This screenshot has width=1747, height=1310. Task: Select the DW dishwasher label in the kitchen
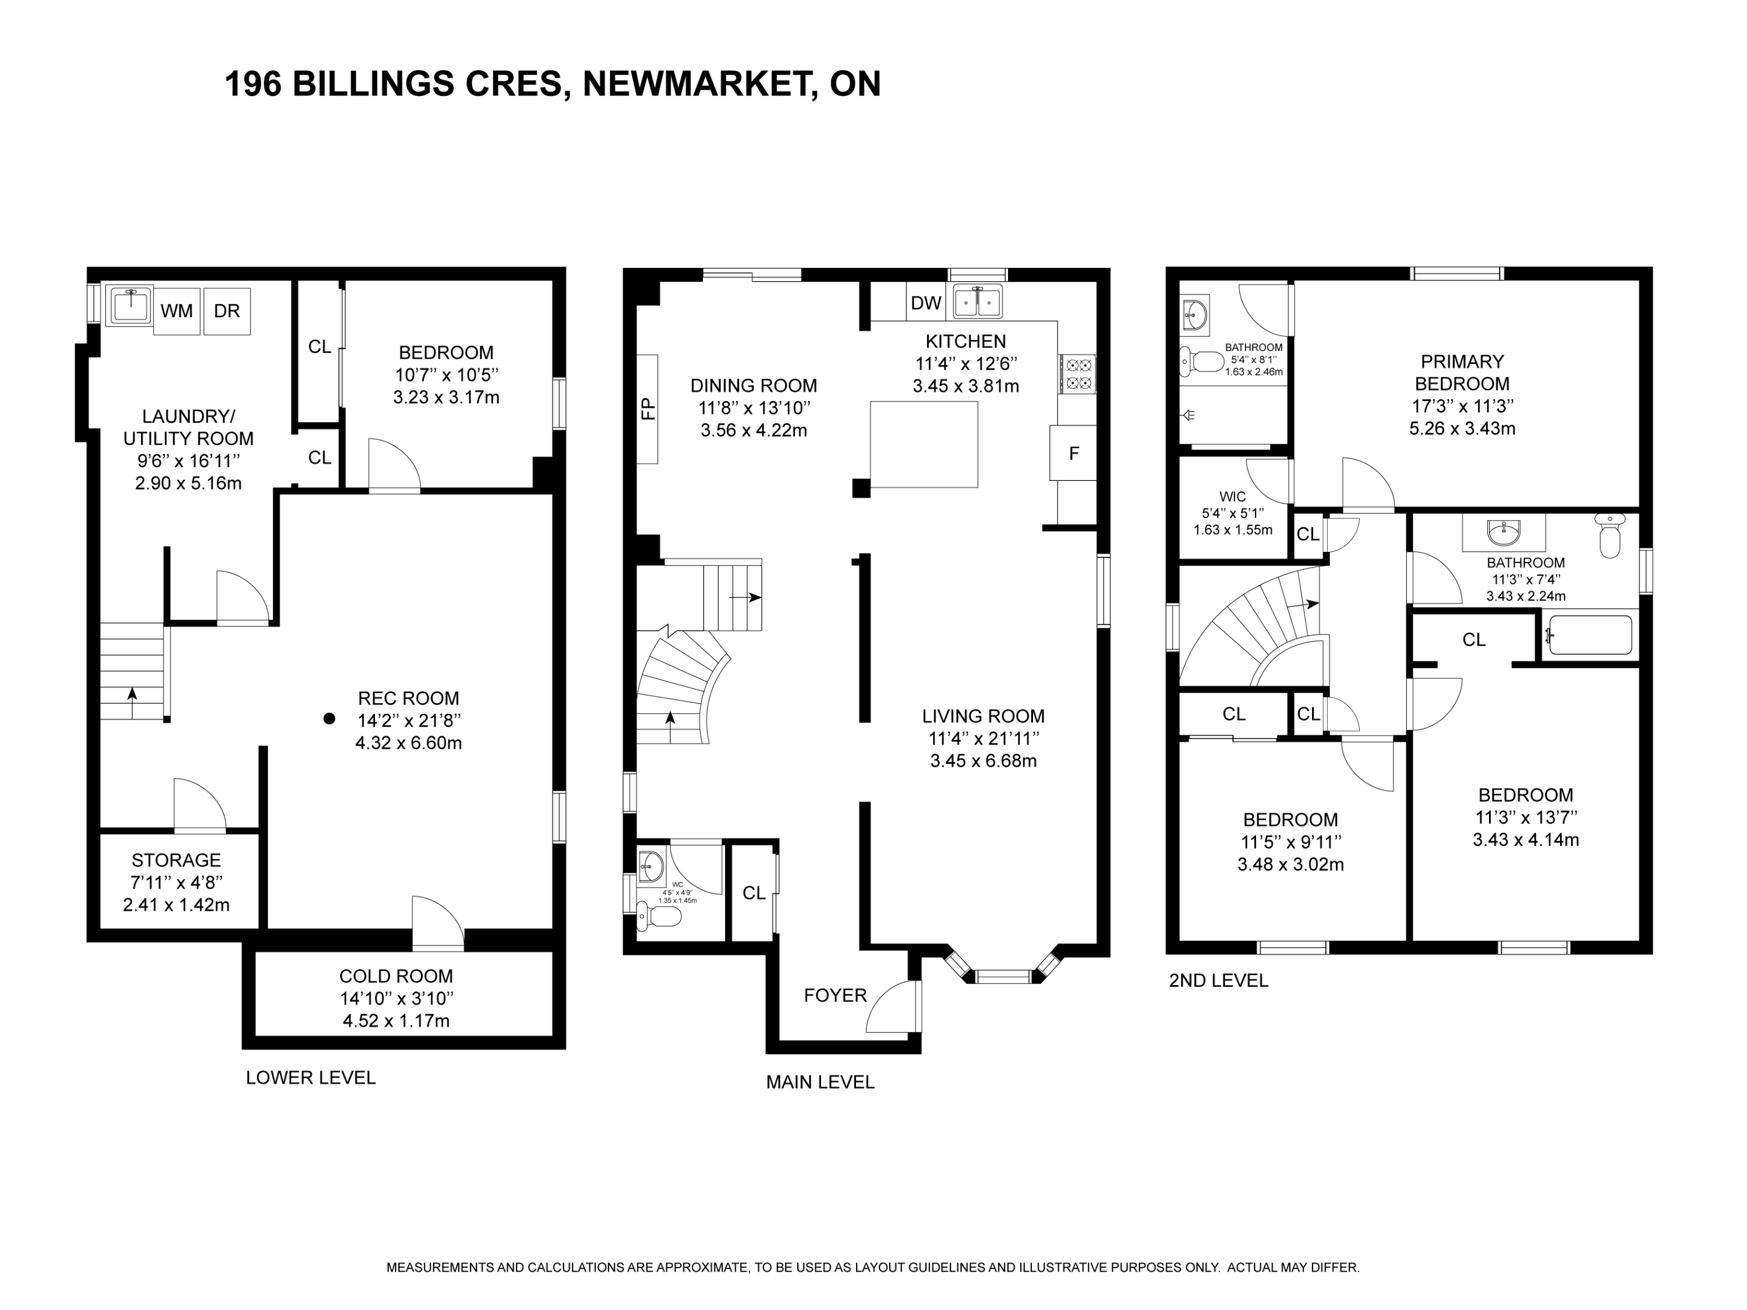point(926,302)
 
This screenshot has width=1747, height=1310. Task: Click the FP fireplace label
point(648,409)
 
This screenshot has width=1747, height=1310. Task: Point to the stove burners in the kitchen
point(1077,374)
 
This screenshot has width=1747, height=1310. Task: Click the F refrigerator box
point(1073,453)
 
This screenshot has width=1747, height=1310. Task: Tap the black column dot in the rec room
point(330,718)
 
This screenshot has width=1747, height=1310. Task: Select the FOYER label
point(836,996)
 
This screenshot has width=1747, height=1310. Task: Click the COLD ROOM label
point(397,976)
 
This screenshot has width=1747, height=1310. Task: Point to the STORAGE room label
point(176,860)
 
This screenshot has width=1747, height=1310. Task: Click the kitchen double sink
point(978,302)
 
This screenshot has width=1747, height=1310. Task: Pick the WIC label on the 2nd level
point(1233,497)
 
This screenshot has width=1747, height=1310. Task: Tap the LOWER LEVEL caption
point(310,1078)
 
